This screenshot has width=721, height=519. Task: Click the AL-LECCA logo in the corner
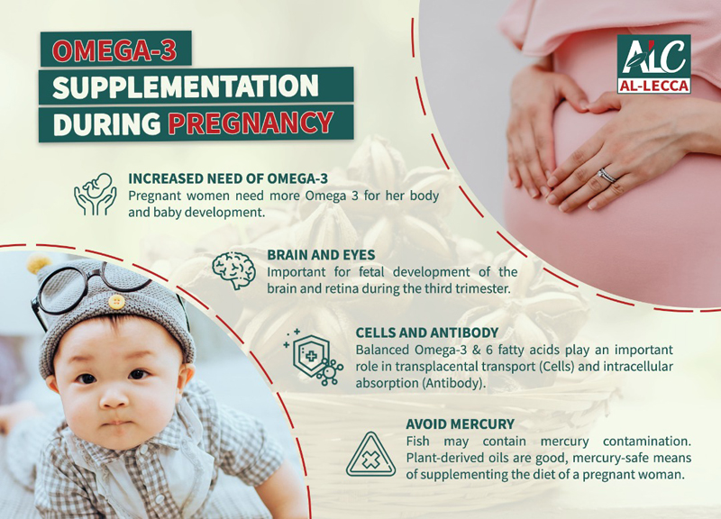tap(653, 64)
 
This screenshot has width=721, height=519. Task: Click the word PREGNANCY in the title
tap(251, 123)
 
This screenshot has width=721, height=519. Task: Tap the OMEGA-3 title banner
tap(115, 49)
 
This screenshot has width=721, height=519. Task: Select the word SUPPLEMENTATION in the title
tap(186, 86)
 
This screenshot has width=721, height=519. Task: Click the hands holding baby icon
tap(96, 195)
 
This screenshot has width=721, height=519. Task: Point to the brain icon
tap(233, 270)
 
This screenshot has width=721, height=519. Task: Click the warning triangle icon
tap(370, 454)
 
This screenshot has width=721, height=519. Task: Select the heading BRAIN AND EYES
tap(321, 255)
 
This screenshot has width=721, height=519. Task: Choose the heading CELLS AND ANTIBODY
tap(427, 332)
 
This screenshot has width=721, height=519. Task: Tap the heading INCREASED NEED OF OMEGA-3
tap(228, 178)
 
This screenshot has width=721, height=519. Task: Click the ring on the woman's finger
tap(607, 176)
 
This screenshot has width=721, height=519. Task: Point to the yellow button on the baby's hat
tap(116, 302)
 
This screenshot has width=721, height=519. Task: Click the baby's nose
tap(114, 397)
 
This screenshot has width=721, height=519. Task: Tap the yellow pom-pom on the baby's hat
tap(38, 263)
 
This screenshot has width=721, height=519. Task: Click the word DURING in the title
tap(106, 123)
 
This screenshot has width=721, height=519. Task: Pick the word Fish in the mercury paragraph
tap(417, 442)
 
